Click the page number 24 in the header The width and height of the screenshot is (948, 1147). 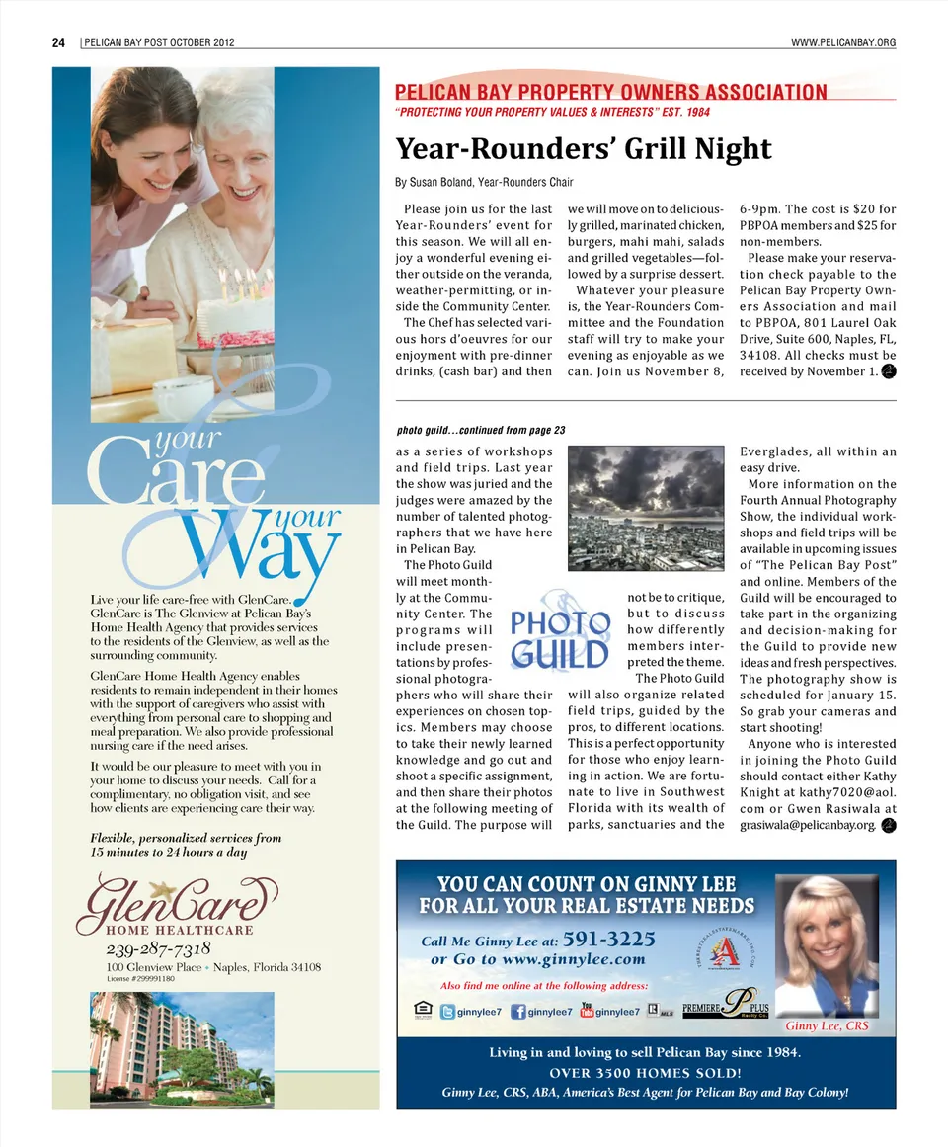point(58,42)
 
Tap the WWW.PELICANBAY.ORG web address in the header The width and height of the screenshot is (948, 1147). point(843,42)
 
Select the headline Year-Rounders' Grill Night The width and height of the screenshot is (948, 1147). point(583,149)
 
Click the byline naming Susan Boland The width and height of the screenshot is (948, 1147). point(484,182)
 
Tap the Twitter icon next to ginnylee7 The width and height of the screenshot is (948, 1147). point(448,1012)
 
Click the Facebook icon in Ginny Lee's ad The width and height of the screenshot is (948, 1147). point(518,1012)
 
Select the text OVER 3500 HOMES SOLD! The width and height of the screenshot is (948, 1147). point(646,1073)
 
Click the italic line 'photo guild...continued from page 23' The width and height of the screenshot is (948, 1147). point(481,431)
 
